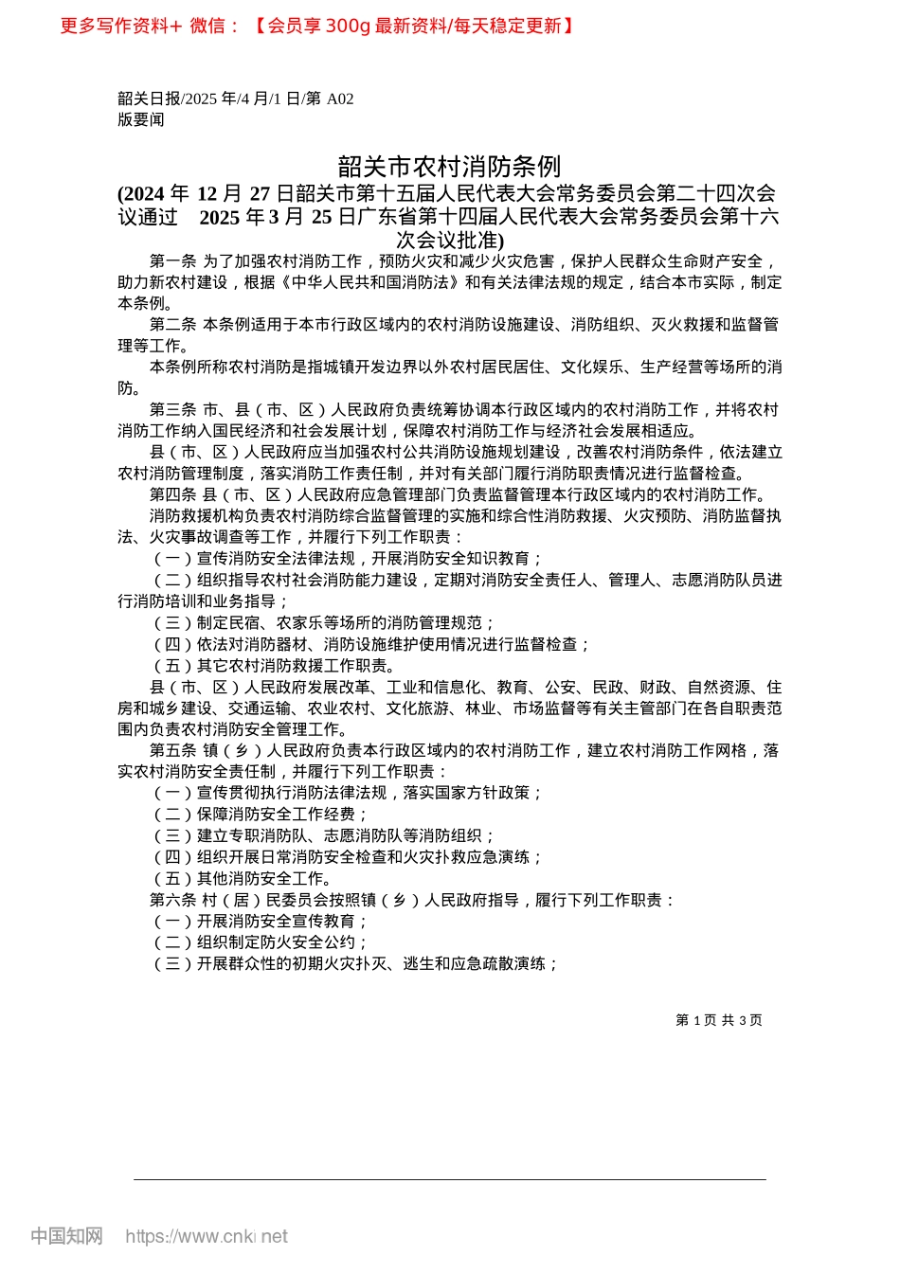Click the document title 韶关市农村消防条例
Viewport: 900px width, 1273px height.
tap(449, 167)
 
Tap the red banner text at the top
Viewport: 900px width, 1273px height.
tap(317, 26)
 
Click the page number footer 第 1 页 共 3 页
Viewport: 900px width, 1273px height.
tap(719, 1020)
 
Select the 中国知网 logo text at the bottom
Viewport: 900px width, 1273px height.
tap(66, 1236)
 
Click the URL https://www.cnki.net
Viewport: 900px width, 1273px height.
tap(207, 1236)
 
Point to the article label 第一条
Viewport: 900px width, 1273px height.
tap(172, 261)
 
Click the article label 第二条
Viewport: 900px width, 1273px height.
tap(172, 325)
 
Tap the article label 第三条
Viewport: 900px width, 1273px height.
tap(172, 410)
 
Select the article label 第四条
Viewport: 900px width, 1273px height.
tap(172, 494)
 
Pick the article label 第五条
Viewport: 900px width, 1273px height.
tap(172, 750)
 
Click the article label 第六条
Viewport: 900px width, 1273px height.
tap(172, 900)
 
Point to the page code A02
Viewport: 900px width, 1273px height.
tap(340, 99)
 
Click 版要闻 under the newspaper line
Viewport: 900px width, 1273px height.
tap(141, 119)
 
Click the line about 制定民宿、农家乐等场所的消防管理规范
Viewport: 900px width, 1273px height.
tap(324, 622)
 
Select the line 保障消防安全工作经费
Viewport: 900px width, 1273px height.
tap(261, 815)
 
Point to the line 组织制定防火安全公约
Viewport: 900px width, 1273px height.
tap(261, 942)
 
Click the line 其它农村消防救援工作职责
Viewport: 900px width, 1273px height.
tap(275, 665)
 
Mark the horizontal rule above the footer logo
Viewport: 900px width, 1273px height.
tap(449, 1179)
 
